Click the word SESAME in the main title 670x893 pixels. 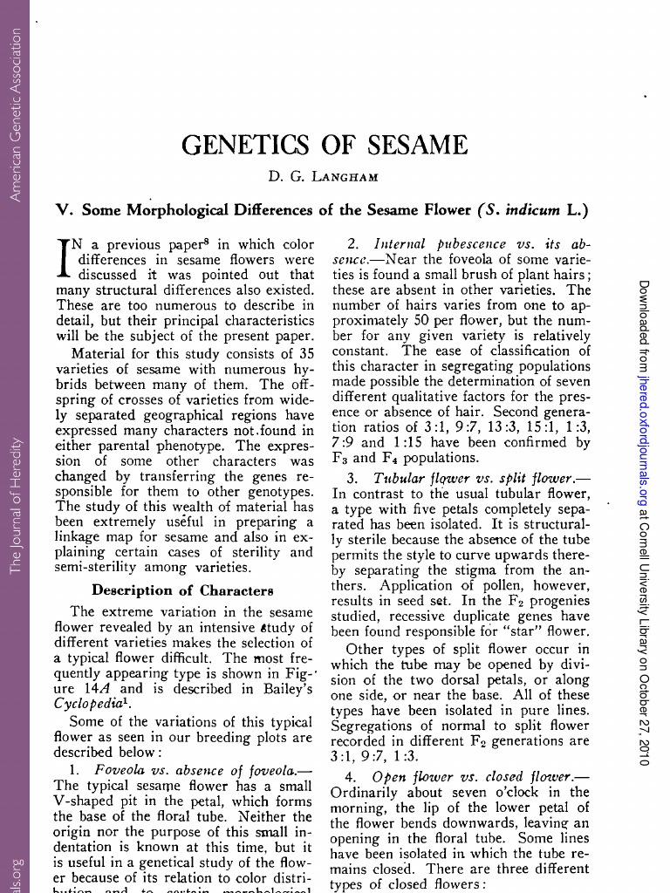pyautogui.click(x=414, y=145)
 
